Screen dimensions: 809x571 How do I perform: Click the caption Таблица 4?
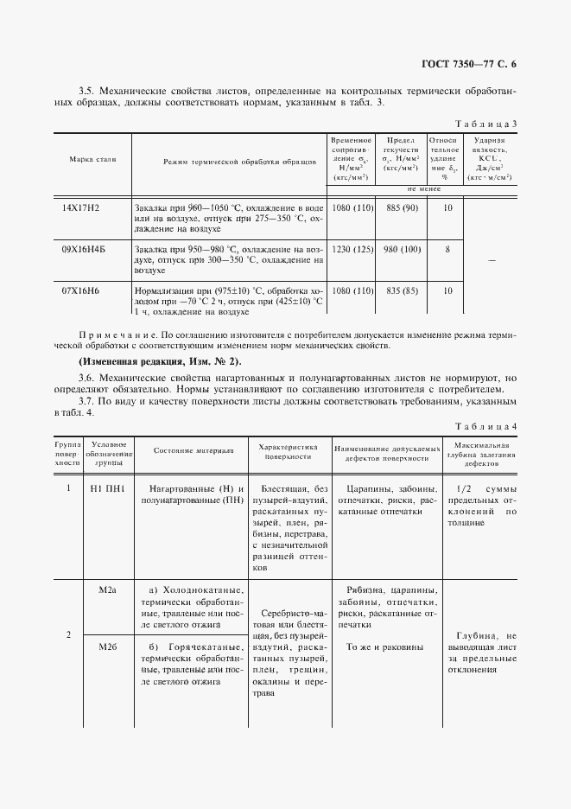pyautogui.click(x=489, y=427)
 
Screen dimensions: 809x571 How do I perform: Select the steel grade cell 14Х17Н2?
pyautogui.click(x=81, y=208)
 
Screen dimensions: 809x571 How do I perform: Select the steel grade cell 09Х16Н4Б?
pyautogui.click(x=83, y=249)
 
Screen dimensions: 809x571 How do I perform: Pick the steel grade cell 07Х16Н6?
pyautogui.click(x=81, y=290)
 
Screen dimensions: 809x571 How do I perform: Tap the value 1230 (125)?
pyautogui.click(x=352, y=249)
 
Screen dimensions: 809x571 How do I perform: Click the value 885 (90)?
pyautogui.click(x=403, y=208)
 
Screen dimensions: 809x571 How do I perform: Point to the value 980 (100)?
pyautogui.click(x=403, y=249)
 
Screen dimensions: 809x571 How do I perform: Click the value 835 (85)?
pyautogui.click(x=403, y=290)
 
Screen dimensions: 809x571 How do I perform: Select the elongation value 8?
pyautogui.click(x=447, y=249)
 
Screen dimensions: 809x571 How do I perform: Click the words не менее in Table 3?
pyautogui.click(x=425, y=188)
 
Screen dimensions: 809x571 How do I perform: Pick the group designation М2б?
pyautogui.click(x=108, y=647)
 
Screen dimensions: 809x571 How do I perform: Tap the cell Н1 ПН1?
pyautogui.click(x=108, y=488)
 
